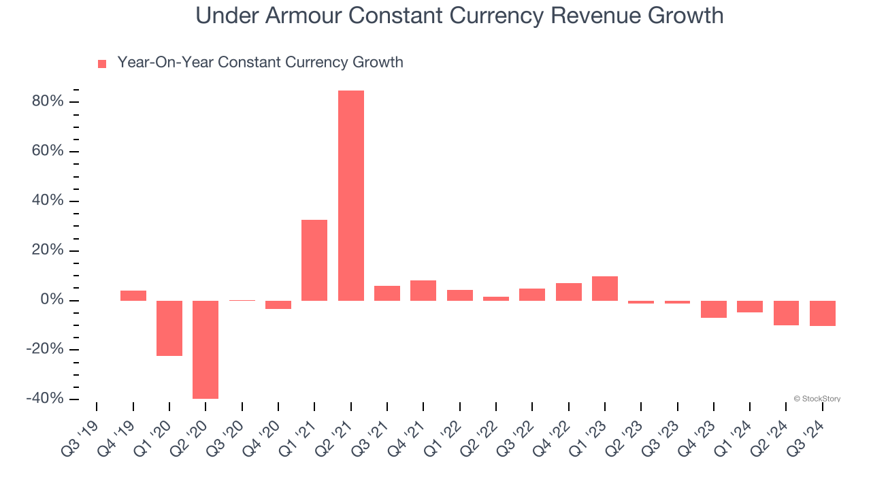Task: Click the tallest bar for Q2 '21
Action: [351, 195]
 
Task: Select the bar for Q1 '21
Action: [314, 260]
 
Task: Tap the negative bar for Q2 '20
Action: [206, 349]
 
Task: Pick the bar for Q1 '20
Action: [169, 328]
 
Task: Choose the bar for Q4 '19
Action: [133, 295]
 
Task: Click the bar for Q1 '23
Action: [605, 289]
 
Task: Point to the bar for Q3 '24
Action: [822, 313]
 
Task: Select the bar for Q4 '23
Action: [714, 309]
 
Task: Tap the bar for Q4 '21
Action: [423, 291]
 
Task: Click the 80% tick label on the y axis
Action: [48, 102]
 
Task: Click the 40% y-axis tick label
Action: [48, 201]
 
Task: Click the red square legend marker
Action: [102, 64]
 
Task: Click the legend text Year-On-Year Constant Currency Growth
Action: [260, 63]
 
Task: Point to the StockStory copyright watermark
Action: [817, 399]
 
